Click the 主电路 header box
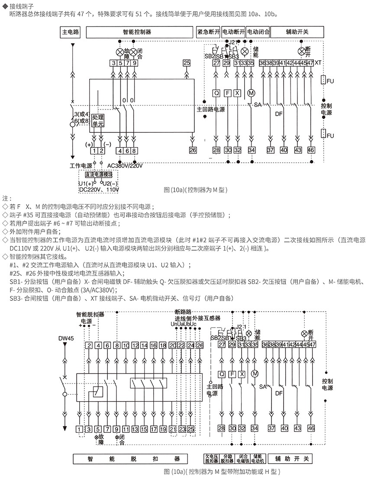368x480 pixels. [71, 32]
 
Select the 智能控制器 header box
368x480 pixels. [139, 32]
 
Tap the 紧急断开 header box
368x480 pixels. [208, 32]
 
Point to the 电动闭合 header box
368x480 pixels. [258, 32]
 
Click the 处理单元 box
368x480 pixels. [98, 120]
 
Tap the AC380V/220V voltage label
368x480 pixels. [125, 165]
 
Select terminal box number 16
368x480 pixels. [154, 345]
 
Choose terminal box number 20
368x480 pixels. [172, 345]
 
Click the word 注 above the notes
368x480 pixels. [5, 198]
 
